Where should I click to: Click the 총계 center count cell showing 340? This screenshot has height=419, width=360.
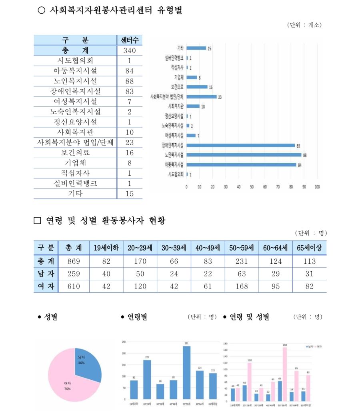tap(129, 51)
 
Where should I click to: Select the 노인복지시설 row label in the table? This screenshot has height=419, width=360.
tap(75, 81)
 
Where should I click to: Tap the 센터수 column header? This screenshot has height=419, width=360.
tap(129, 40)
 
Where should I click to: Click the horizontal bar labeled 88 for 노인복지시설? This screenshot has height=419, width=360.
tap(244, 154)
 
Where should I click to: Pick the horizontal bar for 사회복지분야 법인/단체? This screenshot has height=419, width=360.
tap(201, 96)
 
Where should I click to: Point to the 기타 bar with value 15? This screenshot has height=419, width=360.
tap(196, 48)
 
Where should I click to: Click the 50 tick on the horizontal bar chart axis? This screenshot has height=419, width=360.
tap(252, 186)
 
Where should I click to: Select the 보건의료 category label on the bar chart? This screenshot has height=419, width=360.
tap(176, 87)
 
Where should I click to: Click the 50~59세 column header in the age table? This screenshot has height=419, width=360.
tap(242, 248)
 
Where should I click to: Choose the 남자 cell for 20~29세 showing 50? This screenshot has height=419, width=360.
tap(140, 274)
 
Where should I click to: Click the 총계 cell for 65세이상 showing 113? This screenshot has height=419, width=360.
tap(309, 261)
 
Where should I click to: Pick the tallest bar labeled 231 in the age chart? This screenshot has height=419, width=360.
tap(187, 372)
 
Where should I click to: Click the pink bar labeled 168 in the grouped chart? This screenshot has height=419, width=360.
tap(285, 374)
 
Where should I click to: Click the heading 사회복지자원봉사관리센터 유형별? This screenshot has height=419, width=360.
tap(116, 11)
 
